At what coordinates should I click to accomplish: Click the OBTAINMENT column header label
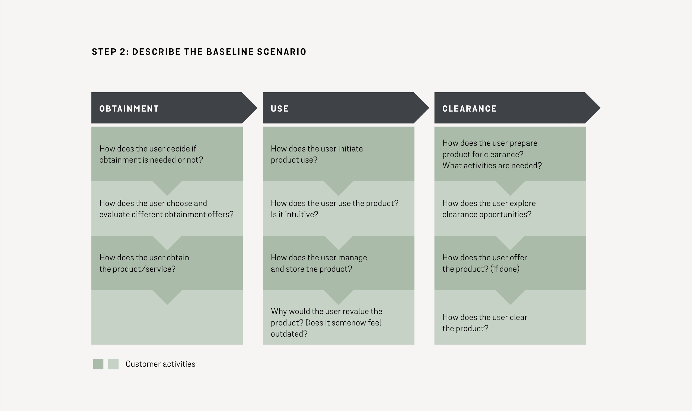pyautogui.click(x=129, y=109)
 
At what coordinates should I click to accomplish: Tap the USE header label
pyautogui.click(x=279, y=109)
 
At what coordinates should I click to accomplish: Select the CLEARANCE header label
pyautogui.click(x=469, y=109)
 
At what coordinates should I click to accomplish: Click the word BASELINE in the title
pyautogui.click(x=230, y=52)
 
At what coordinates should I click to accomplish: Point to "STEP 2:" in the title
pyautogui.click(x=110, y=52)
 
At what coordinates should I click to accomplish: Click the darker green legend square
pyautogui.click(x=98, y=364)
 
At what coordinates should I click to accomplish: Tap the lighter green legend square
pyautogui.click(x=113, y=364)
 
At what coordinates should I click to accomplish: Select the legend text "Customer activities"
pyautogui.click(x=160, y=364)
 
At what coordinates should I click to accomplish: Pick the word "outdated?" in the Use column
pyautogui.click(x=289, y=334)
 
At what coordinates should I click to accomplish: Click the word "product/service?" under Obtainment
pyautogui.click(x=144, y=269)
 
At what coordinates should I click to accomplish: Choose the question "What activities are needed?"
pyautogui.click(x=492, y=166)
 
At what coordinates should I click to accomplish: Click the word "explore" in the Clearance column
pyautogui.click(x=522, y=203)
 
